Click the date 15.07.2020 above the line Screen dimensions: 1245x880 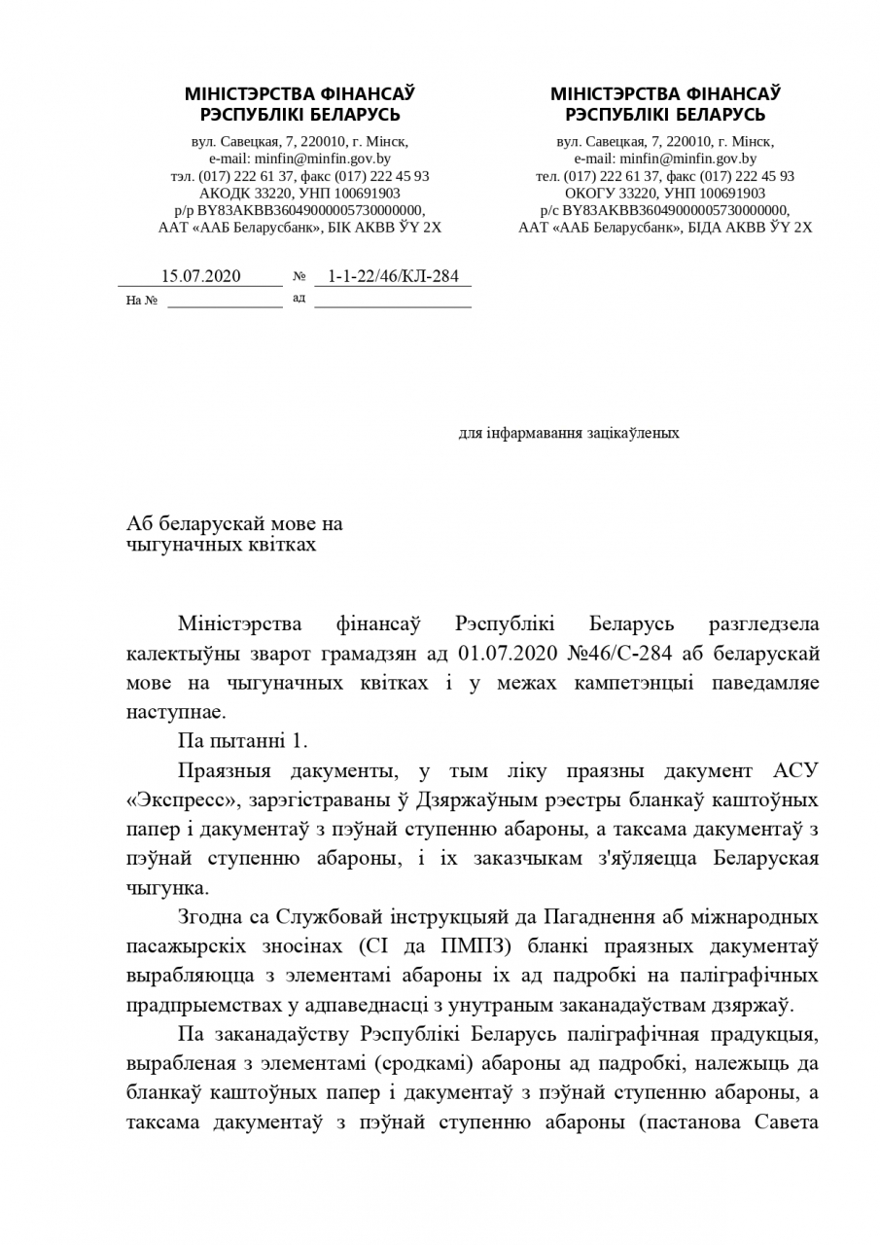tap(200, 276)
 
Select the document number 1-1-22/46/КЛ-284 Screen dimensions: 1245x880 tap(393, 276)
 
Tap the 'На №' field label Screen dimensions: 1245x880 tap(141, 301)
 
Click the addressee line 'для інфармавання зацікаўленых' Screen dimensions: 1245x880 tap(569, 433)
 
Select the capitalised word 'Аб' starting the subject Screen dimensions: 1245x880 tap(140, 524)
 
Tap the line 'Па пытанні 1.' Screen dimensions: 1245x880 tap(243, 740)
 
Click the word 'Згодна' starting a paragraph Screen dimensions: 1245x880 tap(209, 917)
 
